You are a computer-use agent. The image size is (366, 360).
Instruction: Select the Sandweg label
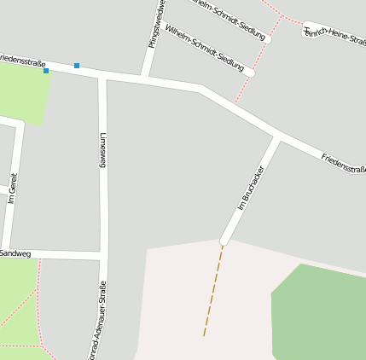point(15,253)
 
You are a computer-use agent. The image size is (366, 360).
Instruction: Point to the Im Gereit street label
point(12,188)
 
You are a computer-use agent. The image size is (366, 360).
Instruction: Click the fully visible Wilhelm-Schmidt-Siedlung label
point(204,48)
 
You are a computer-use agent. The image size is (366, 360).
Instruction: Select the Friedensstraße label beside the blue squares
point(22,61)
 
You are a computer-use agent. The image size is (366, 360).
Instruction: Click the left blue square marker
point(46,71)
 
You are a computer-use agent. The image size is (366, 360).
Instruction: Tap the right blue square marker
point(77,65)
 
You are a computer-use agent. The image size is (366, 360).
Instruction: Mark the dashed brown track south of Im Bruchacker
point(213,290)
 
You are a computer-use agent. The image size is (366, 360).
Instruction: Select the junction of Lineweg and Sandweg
point(103,255)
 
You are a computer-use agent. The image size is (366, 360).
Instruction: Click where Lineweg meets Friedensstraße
point(102,77)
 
